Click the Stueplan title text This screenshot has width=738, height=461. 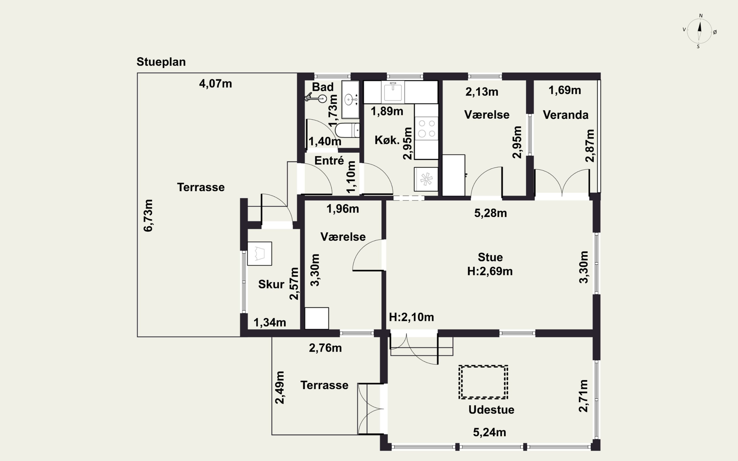click(161, 62)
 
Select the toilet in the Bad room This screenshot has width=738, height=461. click(347, 130)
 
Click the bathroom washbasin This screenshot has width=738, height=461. click(350, 99)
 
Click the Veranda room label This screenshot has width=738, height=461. click(566, 115)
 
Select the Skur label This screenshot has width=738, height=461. click(271, 284)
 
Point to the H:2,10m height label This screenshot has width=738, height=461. click(411, 317)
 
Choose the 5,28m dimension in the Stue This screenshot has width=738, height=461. click(491, 213)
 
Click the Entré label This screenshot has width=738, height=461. click(329, 161)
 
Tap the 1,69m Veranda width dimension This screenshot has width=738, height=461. click(565, 90)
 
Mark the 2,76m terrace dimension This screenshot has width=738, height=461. click(325, 348)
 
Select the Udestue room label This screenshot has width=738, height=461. click(491, 410)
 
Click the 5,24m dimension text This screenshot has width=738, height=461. click(490, 432)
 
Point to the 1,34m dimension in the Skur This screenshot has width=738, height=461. click(270, 322)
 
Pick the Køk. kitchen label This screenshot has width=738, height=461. click(387, 140)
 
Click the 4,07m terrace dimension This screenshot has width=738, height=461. click(215, 84)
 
